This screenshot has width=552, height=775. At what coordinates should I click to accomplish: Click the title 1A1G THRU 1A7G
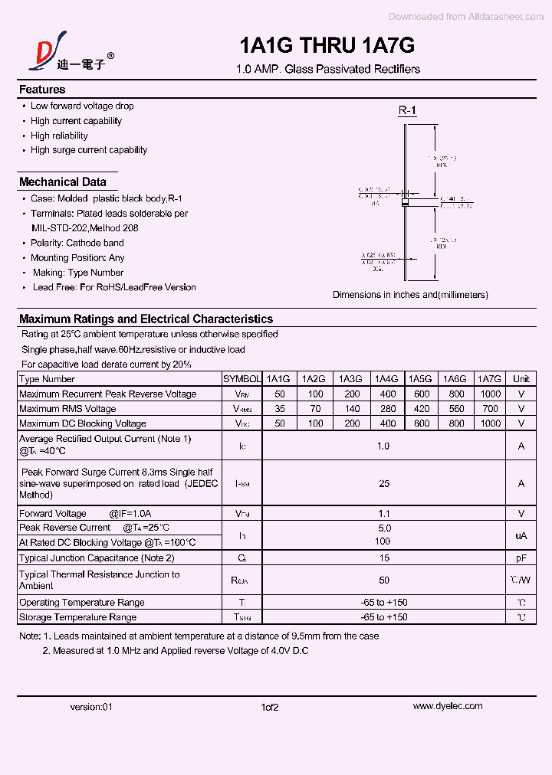tap(327, 46)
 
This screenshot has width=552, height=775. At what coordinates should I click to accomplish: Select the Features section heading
tap(42, 90)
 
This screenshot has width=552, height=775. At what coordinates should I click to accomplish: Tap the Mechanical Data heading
tap(63, 182)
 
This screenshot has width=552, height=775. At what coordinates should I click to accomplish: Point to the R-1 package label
tap(407, 111)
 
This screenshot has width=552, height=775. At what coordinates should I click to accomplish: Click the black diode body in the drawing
tap(405, 203)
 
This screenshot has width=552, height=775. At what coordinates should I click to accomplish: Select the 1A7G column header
tap(488, 379)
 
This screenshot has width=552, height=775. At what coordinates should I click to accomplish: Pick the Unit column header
tap(521, 379)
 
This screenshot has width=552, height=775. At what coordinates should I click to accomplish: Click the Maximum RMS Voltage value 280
tap(388, 409)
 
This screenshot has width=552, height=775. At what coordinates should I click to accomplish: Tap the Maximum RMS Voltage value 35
tap(279, 409)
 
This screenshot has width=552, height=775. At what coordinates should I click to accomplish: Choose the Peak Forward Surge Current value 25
tap(384, 483)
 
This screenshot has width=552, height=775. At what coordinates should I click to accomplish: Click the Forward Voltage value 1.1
tap(384, 514)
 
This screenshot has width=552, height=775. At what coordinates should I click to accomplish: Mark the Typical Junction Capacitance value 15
tap(384, 558)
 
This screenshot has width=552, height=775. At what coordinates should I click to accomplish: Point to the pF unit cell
tap(521, 558)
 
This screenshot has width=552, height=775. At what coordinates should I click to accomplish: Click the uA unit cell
tap(521, 535)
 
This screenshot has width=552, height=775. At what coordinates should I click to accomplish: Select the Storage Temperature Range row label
tap(78, 617)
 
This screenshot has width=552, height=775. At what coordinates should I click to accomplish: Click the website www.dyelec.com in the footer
tap(448, 706)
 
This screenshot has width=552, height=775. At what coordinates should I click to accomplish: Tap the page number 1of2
tap(269, 707)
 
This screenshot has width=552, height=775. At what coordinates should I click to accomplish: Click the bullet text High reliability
tap(59, 136)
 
